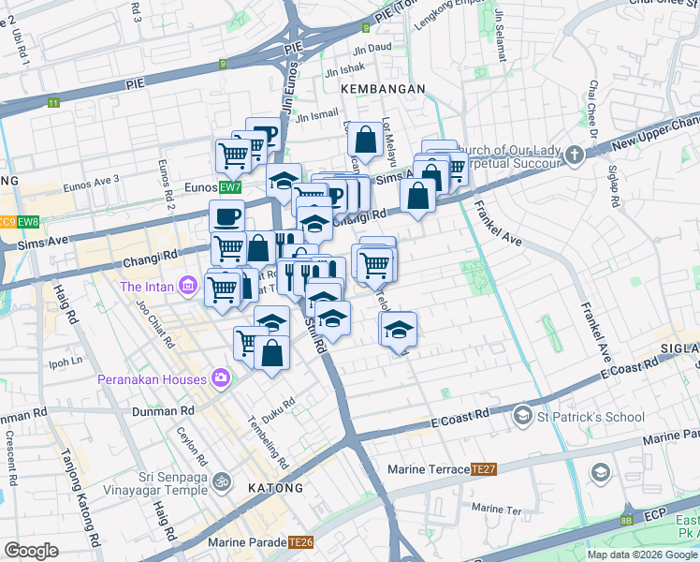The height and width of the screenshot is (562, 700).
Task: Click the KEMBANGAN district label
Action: (x=384, y=88)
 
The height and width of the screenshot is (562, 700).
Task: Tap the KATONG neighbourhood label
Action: (x=275, y=488)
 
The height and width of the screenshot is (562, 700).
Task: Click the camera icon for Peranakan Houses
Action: (x=221, y=379)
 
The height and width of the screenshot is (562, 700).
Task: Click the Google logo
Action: (x=31, y=551)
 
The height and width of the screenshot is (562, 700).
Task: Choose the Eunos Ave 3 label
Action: (x=92, y=182)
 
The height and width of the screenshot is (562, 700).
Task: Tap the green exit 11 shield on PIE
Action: (x=53, y=103)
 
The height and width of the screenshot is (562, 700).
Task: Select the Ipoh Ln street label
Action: (x=66, y=361)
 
